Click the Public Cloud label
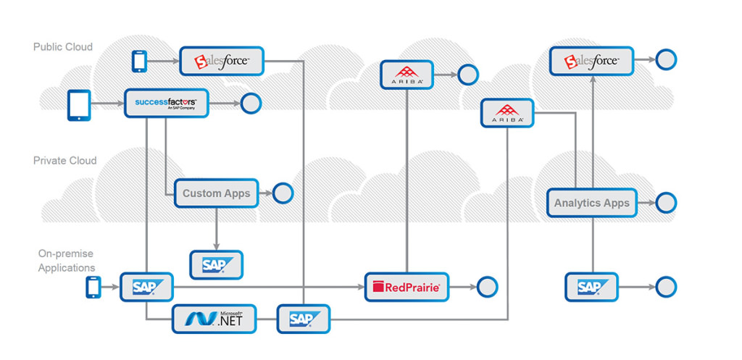point(63,47)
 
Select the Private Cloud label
point(64,161)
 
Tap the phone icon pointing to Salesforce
point(140,62)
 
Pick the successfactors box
point(166,104)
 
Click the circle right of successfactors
point(251,104)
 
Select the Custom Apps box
point(216,193)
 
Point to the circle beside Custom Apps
point(283,193)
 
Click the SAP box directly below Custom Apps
point(216,265)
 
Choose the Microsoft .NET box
point(214,319)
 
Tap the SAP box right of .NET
point(303,319)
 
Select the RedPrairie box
point(406,287)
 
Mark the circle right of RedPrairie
point(488,287)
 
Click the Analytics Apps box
point(592,203)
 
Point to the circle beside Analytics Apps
point(666,203)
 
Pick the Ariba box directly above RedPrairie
point(406,74)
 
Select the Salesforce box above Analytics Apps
point(591,61)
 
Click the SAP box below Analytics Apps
point(591,287)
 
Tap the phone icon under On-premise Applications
point(93,287)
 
